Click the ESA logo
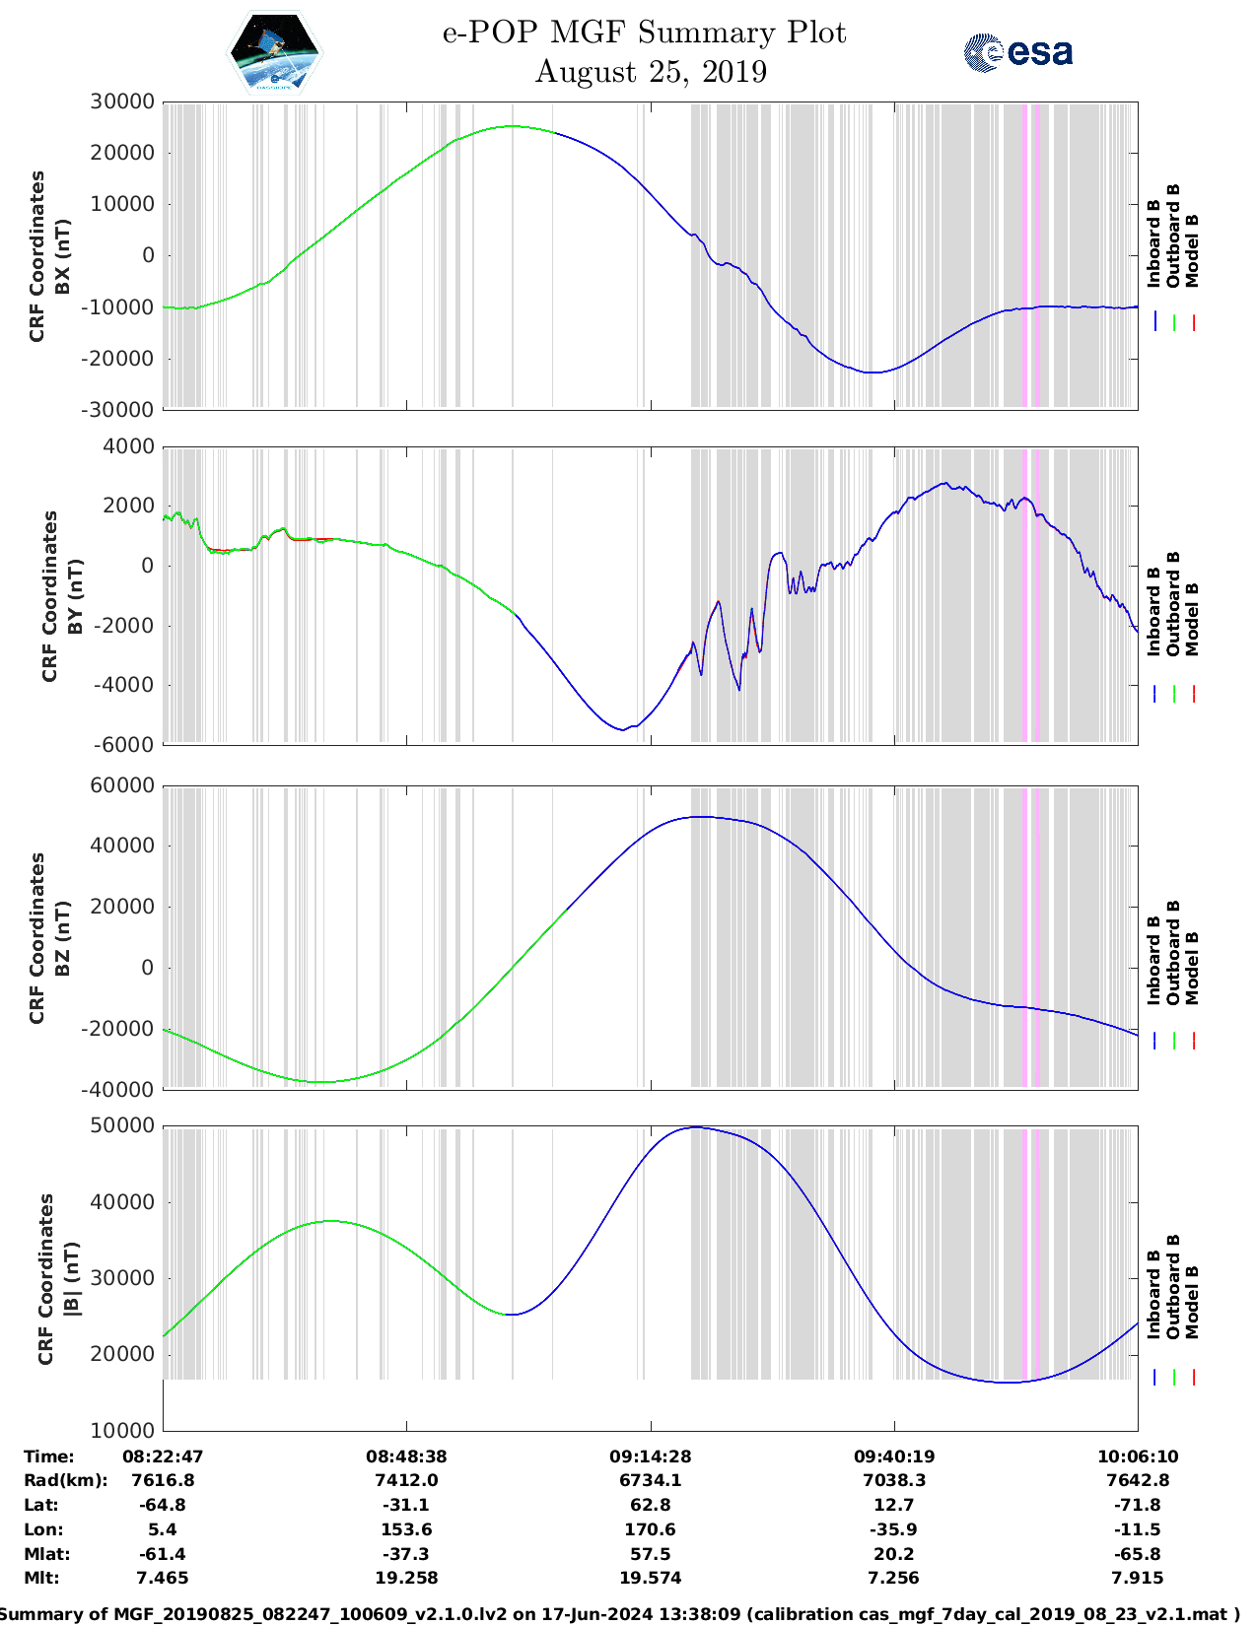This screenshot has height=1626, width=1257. [x=1018, y=52]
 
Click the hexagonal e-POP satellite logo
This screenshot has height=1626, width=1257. [x=274, y=53]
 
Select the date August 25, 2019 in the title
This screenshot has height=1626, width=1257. [x=651, y=72]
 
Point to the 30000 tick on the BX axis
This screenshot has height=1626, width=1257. [x=122, y=102]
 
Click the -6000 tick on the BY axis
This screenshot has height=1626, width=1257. [x=124, y=745]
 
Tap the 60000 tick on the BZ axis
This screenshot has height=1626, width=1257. [x=122, y=785]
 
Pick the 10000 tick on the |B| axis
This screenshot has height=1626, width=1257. [x=122, y=1430]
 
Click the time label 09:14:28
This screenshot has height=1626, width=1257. [x=650, y=1457]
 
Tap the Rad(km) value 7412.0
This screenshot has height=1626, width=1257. [x=406, y=1480]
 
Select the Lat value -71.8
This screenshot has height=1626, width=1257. [x=1138, y=1505]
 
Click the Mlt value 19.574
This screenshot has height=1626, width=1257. [x=650, y=1578]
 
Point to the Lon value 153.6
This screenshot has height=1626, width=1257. [x=406, y=1529]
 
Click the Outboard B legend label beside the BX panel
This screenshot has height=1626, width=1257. [x=1173, y=237]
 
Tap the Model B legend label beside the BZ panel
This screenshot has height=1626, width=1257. [x=1193, y=968]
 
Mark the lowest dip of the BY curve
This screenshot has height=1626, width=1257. [x=621, y=729]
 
